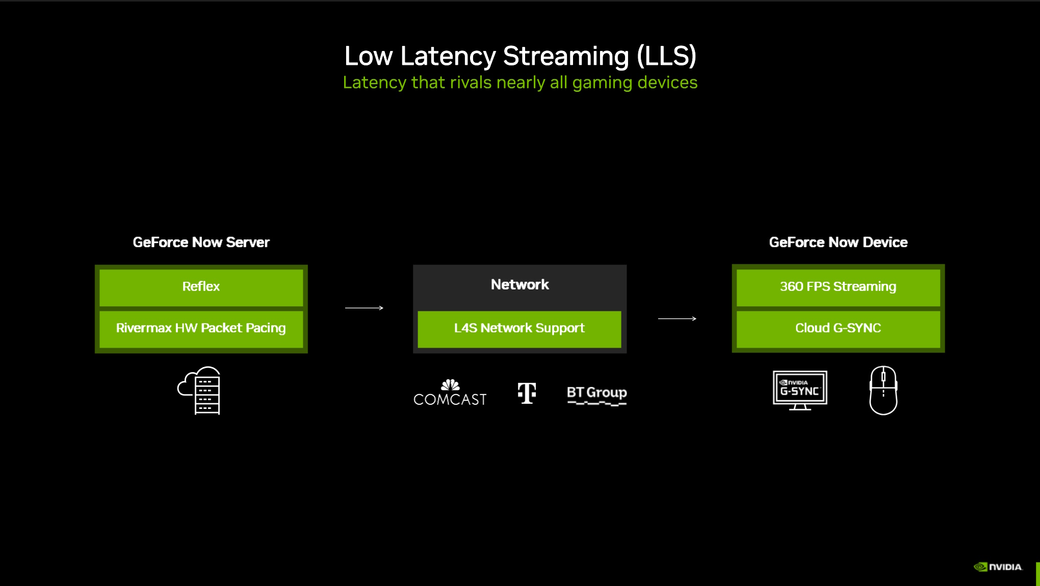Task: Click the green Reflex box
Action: [201, 287]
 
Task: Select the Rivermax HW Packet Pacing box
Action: [201, 328]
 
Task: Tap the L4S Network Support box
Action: [519, 328]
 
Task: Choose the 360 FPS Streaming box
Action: [838, 287]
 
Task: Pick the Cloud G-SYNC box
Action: [838, 328]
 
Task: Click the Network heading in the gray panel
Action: [519, 285]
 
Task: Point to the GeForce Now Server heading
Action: [201, 242]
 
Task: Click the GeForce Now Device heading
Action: [838, 242]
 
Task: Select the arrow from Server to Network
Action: [364, 308]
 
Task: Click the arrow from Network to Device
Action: [677, 319]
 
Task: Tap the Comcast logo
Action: [450, 393]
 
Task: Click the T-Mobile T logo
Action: [527, 393]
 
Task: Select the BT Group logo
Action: [596, 394]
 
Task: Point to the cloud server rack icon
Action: [200, 390]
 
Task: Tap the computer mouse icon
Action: [883, 390]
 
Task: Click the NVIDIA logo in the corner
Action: [998, 567]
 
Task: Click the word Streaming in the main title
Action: [566, 56]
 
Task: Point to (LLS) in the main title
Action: [666, 56]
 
